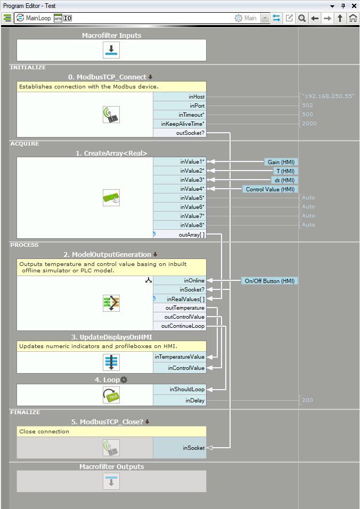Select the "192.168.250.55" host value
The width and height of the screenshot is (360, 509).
coord(328,96)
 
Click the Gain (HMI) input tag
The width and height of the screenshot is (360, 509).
coord(281,161)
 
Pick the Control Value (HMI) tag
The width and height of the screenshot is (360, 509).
coord(270,189)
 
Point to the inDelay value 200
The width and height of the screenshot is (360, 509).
coord(307,400)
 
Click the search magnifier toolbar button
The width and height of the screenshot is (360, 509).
coord(302,18)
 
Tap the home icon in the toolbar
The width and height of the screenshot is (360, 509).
coord(353,18)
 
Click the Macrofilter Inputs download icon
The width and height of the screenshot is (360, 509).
coord(111,51)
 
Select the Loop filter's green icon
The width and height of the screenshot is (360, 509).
coord(111,395)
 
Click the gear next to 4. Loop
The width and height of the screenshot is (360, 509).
coord(124,379)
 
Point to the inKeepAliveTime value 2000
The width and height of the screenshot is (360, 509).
coord(309,124)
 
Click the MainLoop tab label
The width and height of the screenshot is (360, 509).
coord(38,18)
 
